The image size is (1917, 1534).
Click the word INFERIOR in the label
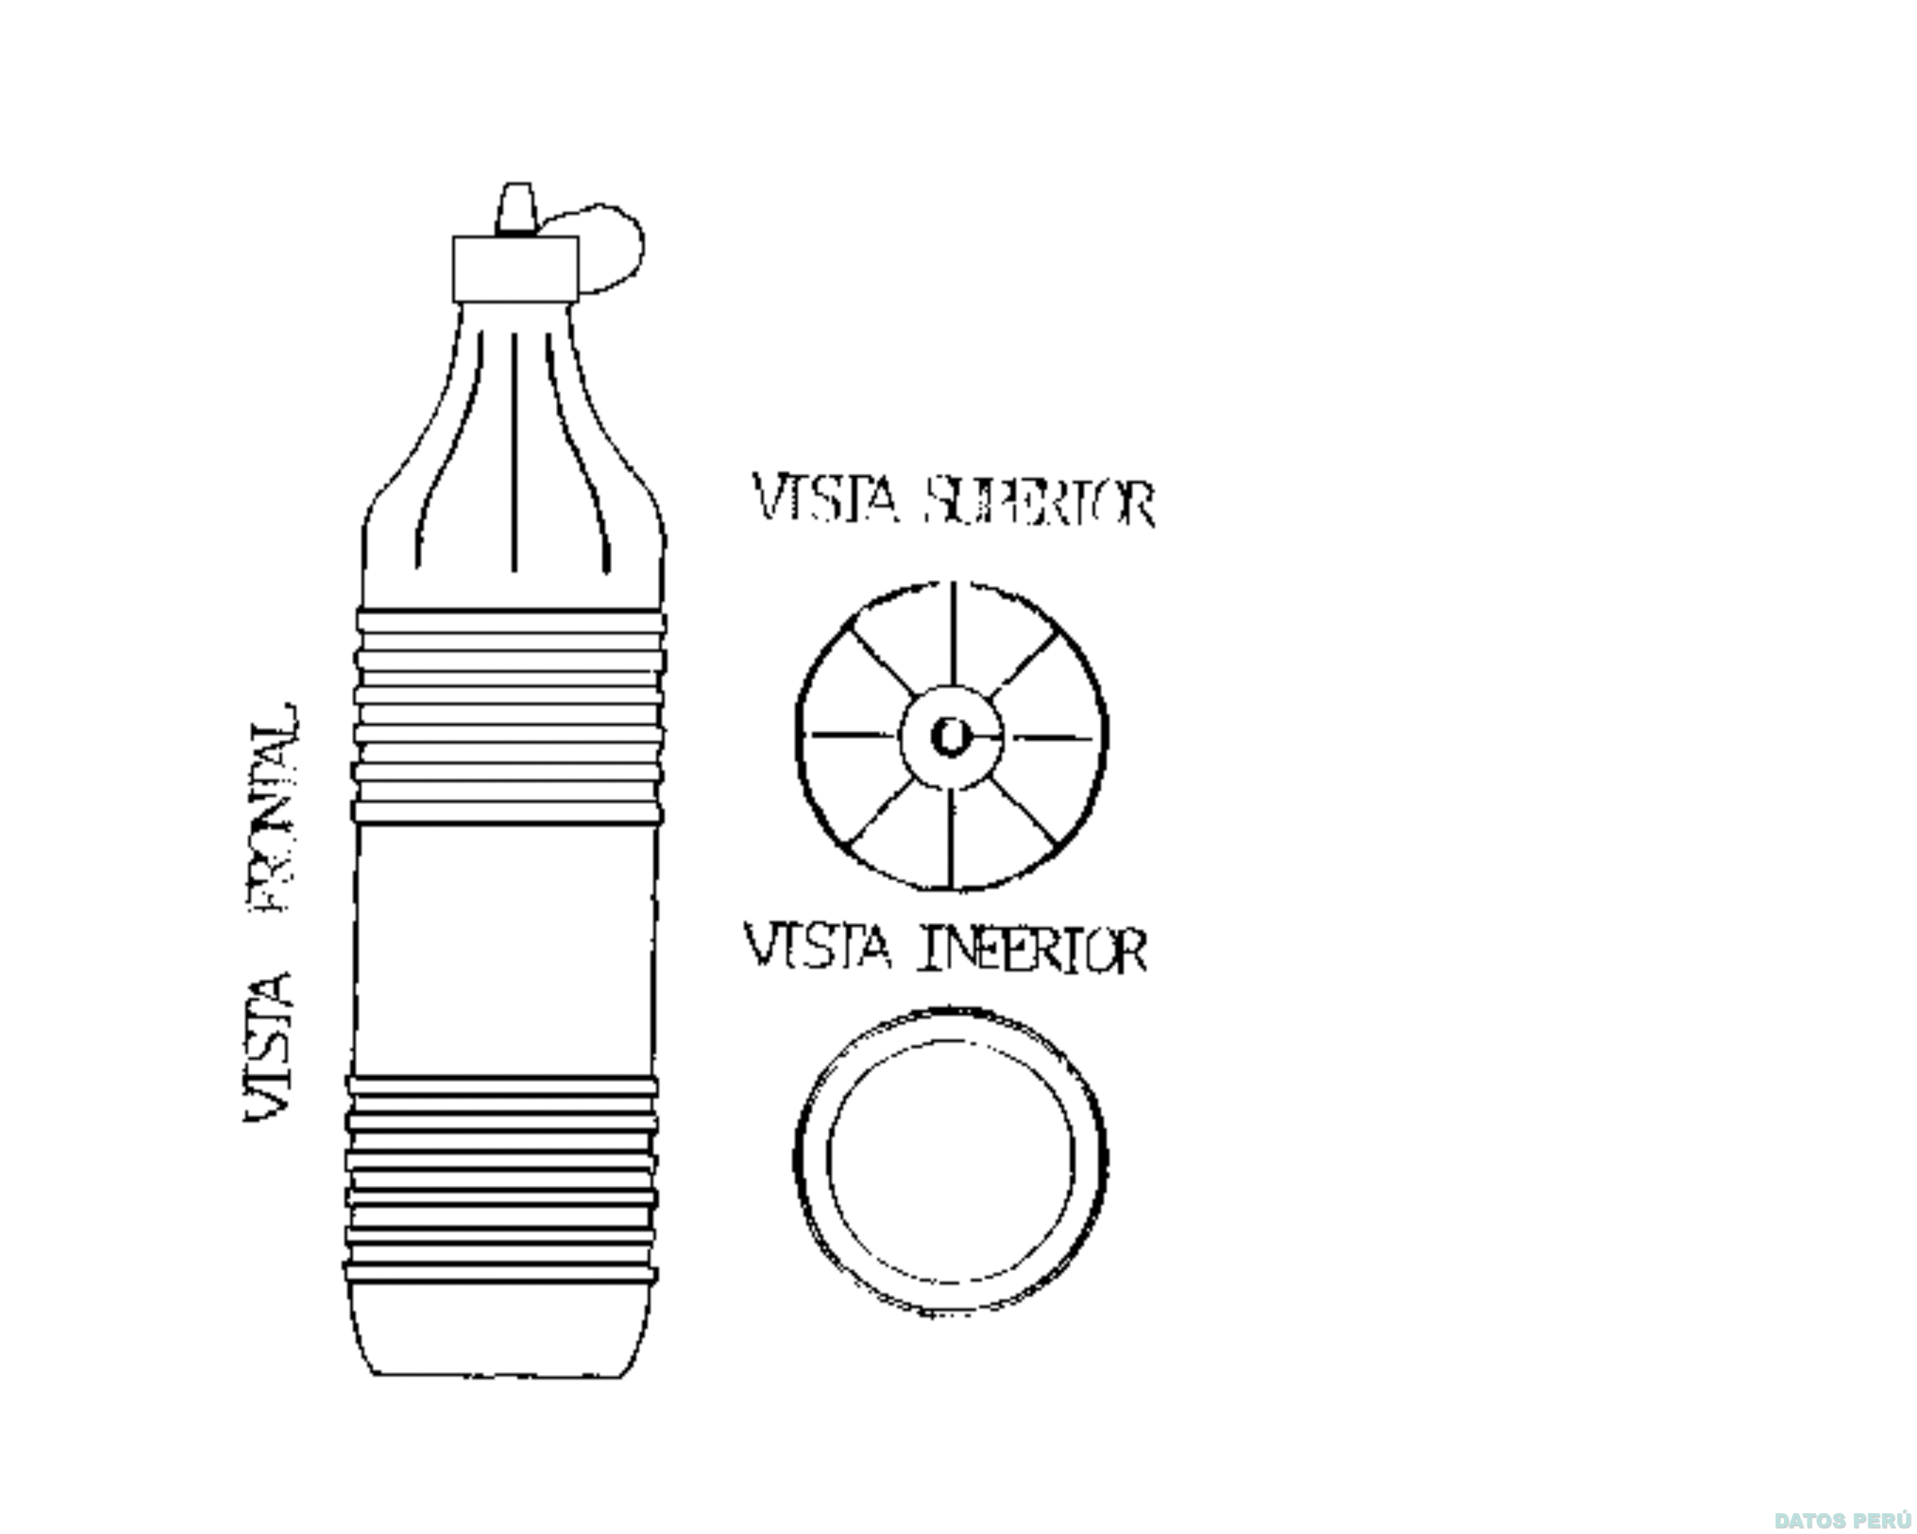(1031, 949)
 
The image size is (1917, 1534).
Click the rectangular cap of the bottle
(515, 269)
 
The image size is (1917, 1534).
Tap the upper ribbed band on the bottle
(510, 716)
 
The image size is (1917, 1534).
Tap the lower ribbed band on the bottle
(501, 1178)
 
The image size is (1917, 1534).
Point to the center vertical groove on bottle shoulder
(514, 453)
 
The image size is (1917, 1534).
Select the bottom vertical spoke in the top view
(951, 838)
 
